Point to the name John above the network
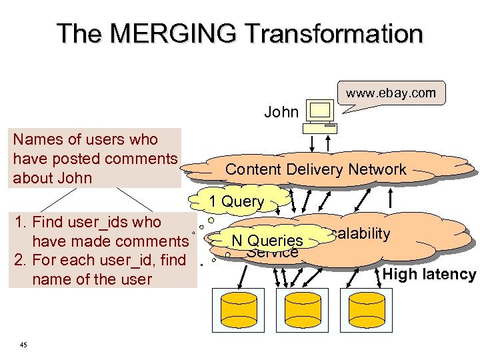point(281,112)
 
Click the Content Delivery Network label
point(315,169)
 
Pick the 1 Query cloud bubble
point(236,201)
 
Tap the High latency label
point(429,274)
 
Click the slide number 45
point(23,344)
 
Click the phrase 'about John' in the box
point(52,179)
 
